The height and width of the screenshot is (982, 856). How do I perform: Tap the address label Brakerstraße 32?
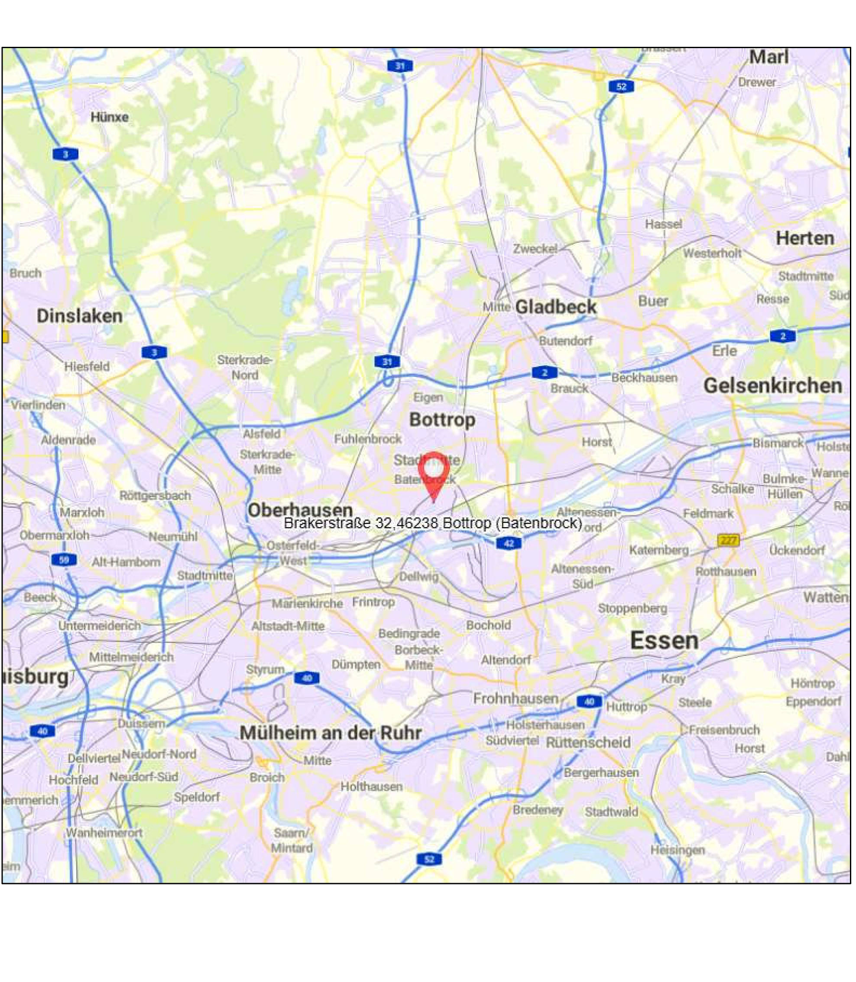pos(432,523)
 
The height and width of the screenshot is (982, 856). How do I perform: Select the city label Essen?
pos(664,640)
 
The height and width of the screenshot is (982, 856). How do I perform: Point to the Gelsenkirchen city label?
pos(772,385)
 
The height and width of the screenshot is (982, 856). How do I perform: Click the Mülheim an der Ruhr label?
pos(331,732)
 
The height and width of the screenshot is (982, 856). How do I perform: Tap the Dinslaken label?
pos(79,316)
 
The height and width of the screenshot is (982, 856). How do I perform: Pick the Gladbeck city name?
pos(556,307)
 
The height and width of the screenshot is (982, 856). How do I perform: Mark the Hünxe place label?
pos(110,117)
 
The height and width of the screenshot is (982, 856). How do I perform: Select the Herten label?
pos(805,238)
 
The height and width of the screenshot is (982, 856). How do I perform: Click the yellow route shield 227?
pos(728,540)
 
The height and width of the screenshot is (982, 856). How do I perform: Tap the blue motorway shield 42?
pos(509,543)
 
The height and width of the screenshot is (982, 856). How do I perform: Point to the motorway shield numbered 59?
pos(64,559)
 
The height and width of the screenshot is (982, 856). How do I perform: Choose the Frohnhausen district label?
pos(516,698)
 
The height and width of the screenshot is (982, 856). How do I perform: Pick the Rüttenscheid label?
pos(588,743)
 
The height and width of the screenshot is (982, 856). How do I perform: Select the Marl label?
pos(768,57)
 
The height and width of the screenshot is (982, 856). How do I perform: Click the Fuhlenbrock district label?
pos(368,438)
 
